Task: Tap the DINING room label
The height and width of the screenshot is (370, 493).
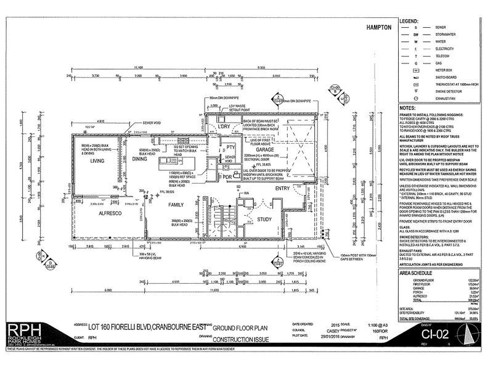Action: click(139, 159)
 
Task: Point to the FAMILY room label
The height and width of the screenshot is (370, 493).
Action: click(176, 203)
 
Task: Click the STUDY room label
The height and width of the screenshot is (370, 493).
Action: click(265, 219)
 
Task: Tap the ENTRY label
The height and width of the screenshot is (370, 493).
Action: click(282, 188)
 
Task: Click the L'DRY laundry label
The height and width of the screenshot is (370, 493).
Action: click(224, 126)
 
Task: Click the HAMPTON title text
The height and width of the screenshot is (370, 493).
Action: click(380, 28)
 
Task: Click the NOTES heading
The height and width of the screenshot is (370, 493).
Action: click(407, 107)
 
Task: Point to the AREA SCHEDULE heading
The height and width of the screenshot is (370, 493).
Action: click(418, 271)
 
